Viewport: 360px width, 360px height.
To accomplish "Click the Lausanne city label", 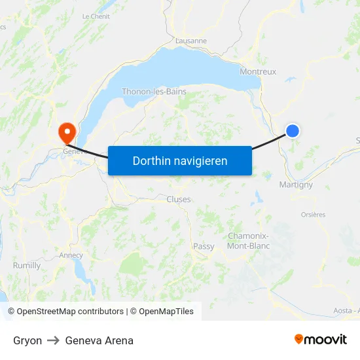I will pos(191,41).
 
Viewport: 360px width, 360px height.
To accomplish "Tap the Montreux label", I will pos(258,72).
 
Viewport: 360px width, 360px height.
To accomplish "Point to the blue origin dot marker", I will pos(293,131).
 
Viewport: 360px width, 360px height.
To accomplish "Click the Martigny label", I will pos(296,185).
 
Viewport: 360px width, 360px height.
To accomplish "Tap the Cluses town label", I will pos(179,199).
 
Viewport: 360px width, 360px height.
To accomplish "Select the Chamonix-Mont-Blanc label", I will pos(249,241).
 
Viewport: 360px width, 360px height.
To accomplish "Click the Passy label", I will pos(204,246).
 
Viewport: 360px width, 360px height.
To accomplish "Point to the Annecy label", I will pos(71,255).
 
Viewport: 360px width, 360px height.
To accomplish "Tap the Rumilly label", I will pos(27,266).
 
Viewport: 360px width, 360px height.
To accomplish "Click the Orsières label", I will pos(313,215).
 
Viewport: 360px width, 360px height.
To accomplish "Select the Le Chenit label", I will pos(96,16).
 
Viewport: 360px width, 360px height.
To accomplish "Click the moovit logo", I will pos(320,339).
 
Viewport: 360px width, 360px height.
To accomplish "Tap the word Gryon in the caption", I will pos(27,340).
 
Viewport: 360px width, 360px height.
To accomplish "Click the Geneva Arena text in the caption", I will pos(99,340).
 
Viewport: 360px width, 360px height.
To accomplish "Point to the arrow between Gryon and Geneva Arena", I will pos(54,340).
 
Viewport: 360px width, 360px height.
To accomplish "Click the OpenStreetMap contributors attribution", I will pos(69,312).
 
